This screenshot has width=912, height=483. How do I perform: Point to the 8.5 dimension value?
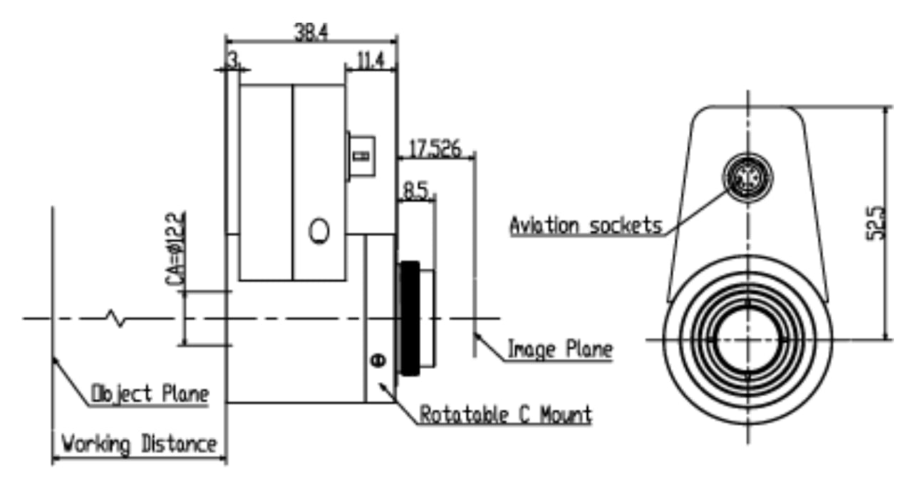[x=416, y=191]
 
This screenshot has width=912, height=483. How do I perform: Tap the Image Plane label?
[x=559, y=350]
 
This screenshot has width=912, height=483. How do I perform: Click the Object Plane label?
[x=150, y=393]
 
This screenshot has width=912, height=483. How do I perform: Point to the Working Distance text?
[x=138, y=445]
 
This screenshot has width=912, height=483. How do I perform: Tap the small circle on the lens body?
[x=319, y=230]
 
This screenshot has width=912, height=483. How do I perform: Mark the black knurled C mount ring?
[x=409, y=318]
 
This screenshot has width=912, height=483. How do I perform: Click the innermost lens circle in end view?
[x=747, y=340]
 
